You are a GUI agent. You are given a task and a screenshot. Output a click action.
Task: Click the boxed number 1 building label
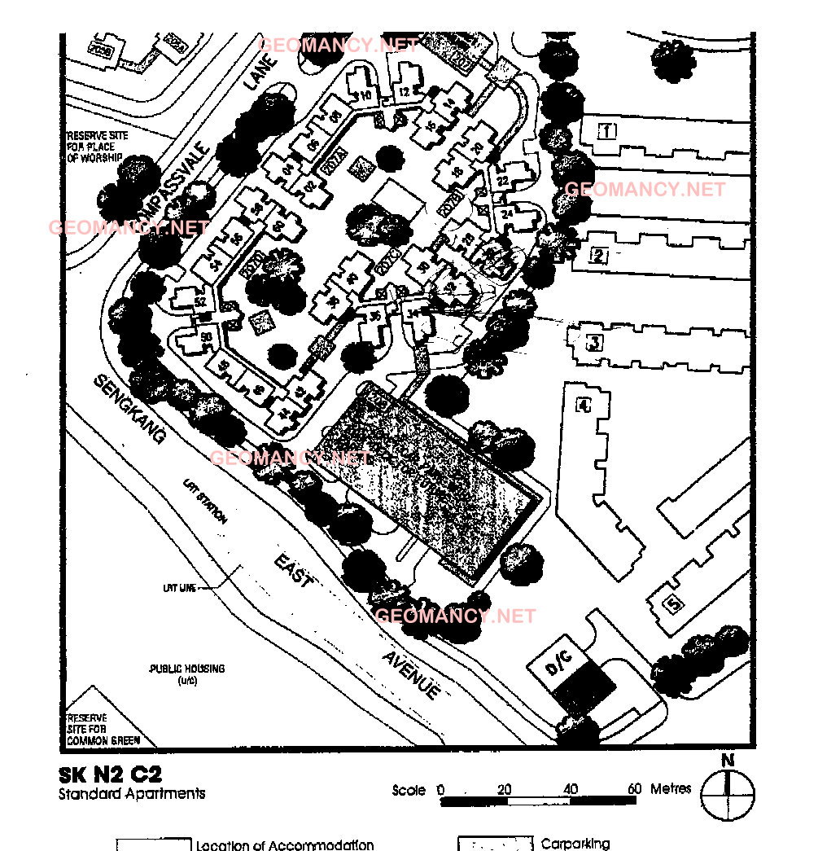tap(606, 129)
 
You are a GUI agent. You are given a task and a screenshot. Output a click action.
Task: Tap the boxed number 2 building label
tap(600, 257)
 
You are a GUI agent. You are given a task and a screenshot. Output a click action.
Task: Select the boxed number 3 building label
tap(595, 342)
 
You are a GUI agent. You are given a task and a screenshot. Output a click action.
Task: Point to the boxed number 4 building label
tap(583, 405)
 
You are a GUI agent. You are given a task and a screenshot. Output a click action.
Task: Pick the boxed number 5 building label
tap(672, 604)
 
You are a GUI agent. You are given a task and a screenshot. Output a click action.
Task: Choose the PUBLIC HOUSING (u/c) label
tap(187, 673)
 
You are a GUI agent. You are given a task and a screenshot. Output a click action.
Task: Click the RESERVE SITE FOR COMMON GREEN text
tap(103, 730)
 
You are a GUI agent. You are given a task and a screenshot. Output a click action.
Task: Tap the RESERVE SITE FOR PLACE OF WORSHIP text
tap(94, 147)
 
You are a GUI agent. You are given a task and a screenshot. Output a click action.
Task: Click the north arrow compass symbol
tap(728, 793)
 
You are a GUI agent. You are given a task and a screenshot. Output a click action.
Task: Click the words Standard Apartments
tap(132, 793)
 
